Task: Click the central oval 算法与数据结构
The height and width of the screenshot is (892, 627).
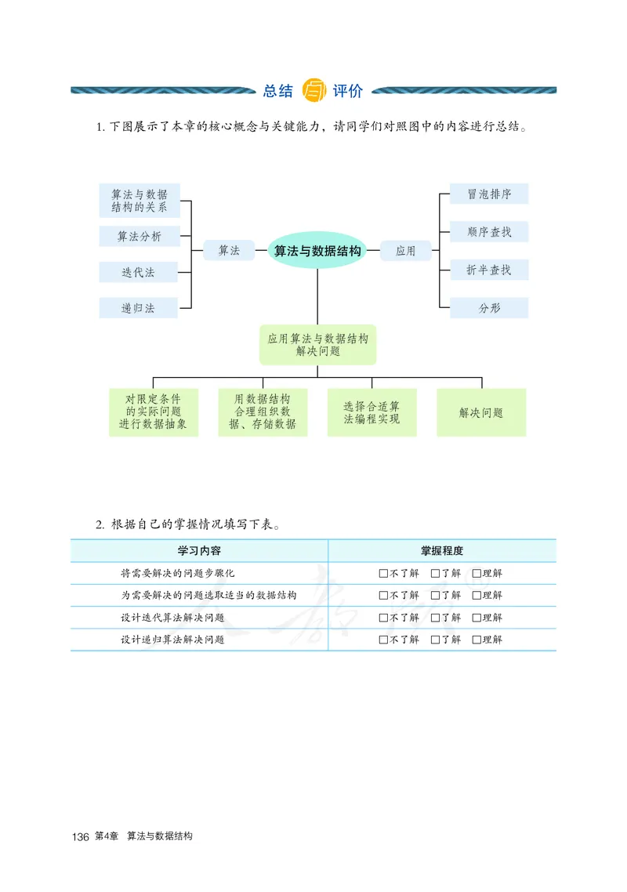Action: coord(317,251)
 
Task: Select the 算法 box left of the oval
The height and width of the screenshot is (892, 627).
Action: coord(229,251)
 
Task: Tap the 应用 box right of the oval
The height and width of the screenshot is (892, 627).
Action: coord(406,251)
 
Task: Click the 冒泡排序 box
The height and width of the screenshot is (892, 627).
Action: coord(489,194)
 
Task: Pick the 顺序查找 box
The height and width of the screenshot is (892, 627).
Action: coord(489,232)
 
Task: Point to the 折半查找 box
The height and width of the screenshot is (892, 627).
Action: coord(489,270)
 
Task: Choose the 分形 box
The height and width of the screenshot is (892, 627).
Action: coord(489,308)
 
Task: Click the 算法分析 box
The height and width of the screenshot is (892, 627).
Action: coord(139,236)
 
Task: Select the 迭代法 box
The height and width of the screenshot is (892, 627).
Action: coord(139,272)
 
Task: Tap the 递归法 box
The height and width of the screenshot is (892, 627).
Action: coord(139,308)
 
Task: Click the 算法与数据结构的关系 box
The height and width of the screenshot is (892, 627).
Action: coord(140,201)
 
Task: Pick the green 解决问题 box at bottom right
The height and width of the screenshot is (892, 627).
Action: coord(481,412)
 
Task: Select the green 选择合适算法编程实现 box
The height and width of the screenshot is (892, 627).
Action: coord(371,412)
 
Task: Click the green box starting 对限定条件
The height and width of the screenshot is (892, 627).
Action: coord(154,412)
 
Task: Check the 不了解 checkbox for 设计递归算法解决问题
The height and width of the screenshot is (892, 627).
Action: coord(383,640)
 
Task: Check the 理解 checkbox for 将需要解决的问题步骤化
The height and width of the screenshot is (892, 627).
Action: coord(477,573)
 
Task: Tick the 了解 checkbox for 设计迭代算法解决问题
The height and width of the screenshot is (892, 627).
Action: coord(435,618)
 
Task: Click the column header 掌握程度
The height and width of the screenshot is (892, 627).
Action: coord(442,551)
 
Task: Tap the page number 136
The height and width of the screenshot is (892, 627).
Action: coord(80,837)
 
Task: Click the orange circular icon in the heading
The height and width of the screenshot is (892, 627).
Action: coord(313,90)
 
